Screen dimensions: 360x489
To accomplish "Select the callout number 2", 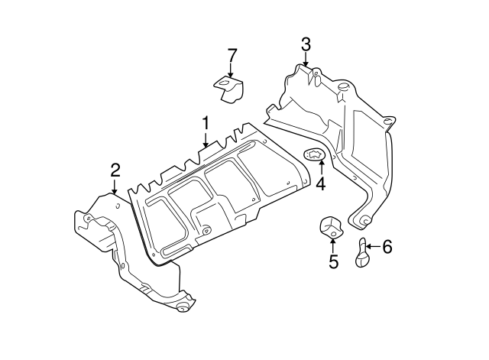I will [115, 169].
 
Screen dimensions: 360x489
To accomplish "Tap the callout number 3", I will [306, 44].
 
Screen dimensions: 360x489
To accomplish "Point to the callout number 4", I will [321, 183].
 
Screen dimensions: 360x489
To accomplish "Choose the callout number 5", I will [333, 261].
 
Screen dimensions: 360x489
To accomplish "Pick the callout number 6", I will [387, 246].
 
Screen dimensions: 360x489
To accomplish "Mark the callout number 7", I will [232, 55].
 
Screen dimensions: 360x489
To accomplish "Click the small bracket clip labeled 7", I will [228, 88].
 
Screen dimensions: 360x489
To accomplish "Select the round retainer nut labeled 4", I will [315, 155].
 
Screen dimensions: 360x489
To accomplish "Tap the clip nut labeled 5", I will [330, 228].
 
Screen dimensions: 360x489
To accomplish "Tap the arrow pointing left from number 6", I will [372, 246].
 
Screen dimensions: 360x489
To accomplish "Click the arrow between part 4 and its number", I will [320, 169].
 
